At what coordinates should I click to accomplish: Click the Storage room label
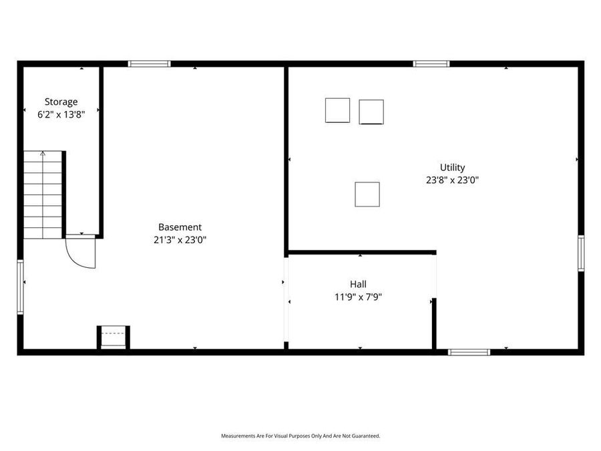[61, 102]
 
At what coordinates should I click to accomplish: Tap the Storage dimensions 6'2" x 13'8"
[61, 114]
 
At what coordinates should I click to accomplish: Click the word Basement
[180, 227]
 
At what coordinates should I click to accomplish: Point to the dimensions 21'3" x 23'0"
[180, 240]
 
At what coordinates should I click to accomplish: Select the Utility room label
[452, 168]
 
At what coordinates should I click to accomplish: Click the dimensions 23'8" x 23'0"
[452, 180]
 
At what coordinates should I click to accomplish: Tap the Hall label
[358, 284]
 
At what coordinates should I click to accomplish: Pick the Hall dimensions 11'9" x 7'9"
[358, 297]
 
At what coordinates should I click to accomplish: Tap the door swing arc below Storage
[81, 252]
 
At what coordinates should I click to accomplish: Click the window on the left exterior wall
[20, 287]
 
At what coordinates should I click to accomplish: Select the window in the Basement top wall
[149, 64]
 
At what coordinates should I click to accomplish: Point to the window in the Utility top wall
[431, 64]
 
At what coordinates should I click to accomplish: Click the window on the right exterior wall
[581, 253]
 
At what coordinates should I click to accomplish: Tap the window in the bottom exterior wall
[469, 351]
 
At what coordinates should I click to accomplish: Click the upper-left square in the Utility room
[337, 110]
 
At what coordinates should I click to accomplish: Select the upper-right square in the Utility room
[371, 112]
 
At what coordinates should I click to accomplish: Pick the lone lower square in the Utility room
[367, 194]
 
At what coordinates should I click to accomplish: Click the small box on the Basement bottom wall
[114, 337]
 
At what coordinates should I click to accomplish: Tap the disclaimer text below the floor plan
[300, 436]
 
